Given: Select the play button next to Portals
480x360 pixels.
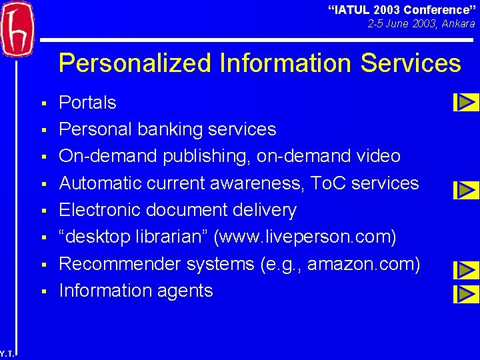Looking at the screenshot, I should tap(466, 102).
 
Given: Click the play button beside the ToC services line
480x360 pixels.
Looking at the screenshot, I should tap(466, 190).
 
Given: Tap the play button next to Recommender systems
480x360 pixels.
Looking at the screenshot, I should tap(466, 270).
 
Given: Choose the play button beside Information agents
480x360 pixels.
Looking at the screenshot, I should tap(466, 293).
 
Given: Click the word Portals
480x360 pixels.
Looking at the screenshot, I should tap(87, 103).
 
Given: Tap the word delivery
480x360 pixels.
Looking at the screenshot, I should tap(263, 210).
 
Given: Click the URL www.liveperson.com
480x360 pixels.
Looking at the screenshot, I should tap(310, 237).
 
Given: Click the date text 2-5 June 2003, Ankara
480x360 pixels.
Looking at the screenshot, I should tap(421, 24).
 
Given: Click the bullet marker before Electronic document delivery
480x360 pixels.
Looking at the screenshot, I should tap(43, 211).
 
